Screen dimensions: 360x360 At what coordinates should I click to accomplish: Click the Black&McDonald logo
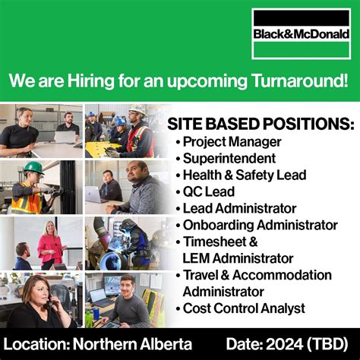click(302, 34)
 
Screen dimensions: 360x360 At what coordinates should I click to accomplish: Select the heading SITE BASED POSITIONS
click(261, 124)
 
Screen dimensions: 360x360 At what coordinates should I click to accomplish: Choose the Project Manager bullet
click(232, 142)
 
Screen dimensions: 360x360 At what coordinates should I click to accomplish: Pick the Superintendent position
click(227, 158)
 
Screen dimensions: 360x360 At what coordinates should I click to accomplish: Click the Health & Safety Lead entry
click(245, 175)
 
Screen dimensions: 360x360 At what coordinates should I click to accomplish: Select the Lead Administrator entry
click(239, 208)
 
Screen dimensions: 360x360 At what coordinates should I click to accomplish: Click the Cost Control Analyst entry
click(244, 308)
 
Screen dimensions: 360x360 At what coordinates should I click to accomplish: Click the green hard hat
click(32, 167)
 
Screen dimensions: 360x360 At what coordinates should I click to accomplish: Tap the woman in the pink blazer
click(52, 245)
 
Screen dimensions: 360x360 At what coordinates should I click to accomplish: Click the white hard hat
click(137, 111)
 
